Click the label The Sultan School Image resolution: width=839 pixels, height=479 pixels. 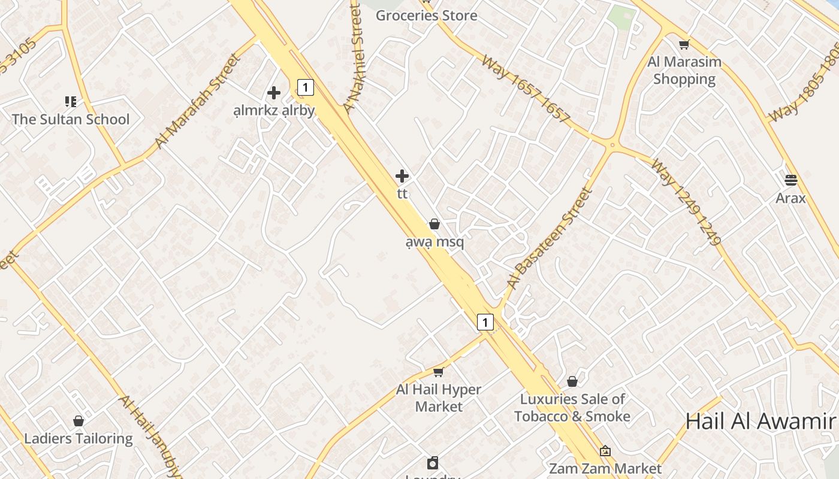71,119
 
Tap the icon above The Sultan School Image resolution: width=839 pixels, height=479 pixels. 71,102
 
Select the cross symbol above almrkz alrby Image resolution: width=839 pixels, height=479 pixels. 274,93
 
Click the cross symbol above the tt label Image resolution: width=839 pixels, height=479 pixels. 402,176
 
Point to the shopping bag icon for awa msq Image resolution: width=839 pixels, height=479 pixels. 434,224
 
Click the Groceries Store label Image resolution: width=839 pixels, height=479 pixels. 426,16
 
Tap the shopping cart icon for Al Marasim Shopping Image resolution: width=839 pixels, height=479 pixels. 684,44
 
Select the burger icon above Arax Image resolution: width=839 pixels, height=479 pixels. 790,180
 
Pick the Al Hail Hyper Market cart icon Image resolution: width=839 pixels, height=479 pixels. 439,372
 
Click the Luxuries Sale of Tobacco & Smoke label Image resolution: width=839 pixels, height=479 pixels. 572,408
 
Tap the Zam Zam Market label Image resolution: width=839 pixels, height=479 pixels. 605,468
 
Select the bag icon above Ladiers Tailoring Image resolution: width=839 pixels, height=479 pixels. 79,421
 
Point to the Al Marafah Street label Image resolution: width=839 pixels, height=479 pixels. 197,101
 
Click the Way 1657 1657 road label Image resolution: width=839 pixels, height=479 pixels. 525,90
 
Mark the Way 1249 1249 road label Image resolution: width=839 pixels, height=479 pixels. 686,202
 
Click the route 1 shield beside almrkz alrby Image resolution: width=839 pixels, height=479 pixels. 306,88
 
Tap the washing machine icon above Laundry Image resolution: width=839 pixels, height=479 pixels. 433,463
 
